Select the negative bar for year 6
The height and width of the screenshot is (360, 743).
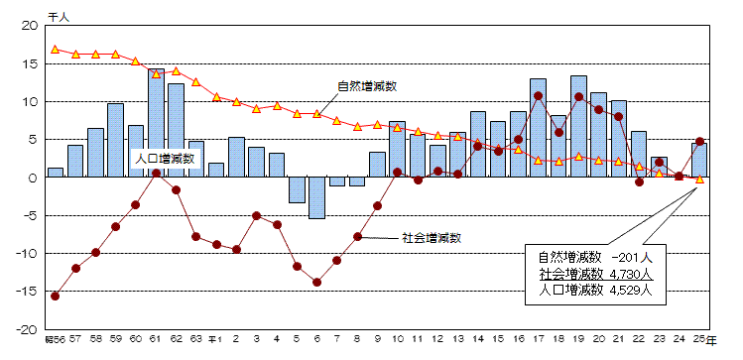click(317, 197)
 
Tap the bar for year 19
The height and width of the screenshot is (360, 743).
click(578, 127)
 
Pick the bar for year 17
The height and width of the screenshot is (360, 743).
click(538, 128)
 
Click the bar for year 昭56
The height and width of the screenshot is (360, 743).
click(56, 173)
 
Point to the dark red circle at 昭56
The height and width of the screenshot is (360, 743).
click(56, 296)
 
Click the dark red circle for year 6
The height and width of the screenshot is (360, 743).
click(317, 282)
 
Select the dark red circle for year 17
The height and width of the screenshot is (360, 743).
click(538, 96)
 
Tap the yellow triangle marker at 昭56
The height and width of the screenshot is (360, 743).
click(56, 49)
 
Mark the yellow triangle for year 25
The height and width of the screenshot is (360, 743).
click(699, 180)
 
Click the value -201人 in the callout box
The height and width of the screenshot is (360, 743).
click(626, 257)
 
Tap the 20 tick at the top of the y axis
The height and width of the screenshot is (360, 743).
click(30, 26)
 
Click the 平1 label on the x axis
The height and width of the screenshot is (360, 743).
click(215, 339)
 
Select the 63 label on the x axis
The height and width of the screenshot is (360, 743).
click(196, 339)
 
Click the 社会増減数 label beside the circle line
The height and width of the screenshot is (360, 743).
click(433, 238)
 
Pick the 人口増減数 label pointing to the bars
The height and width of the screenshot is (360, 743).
click(164, 157)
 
